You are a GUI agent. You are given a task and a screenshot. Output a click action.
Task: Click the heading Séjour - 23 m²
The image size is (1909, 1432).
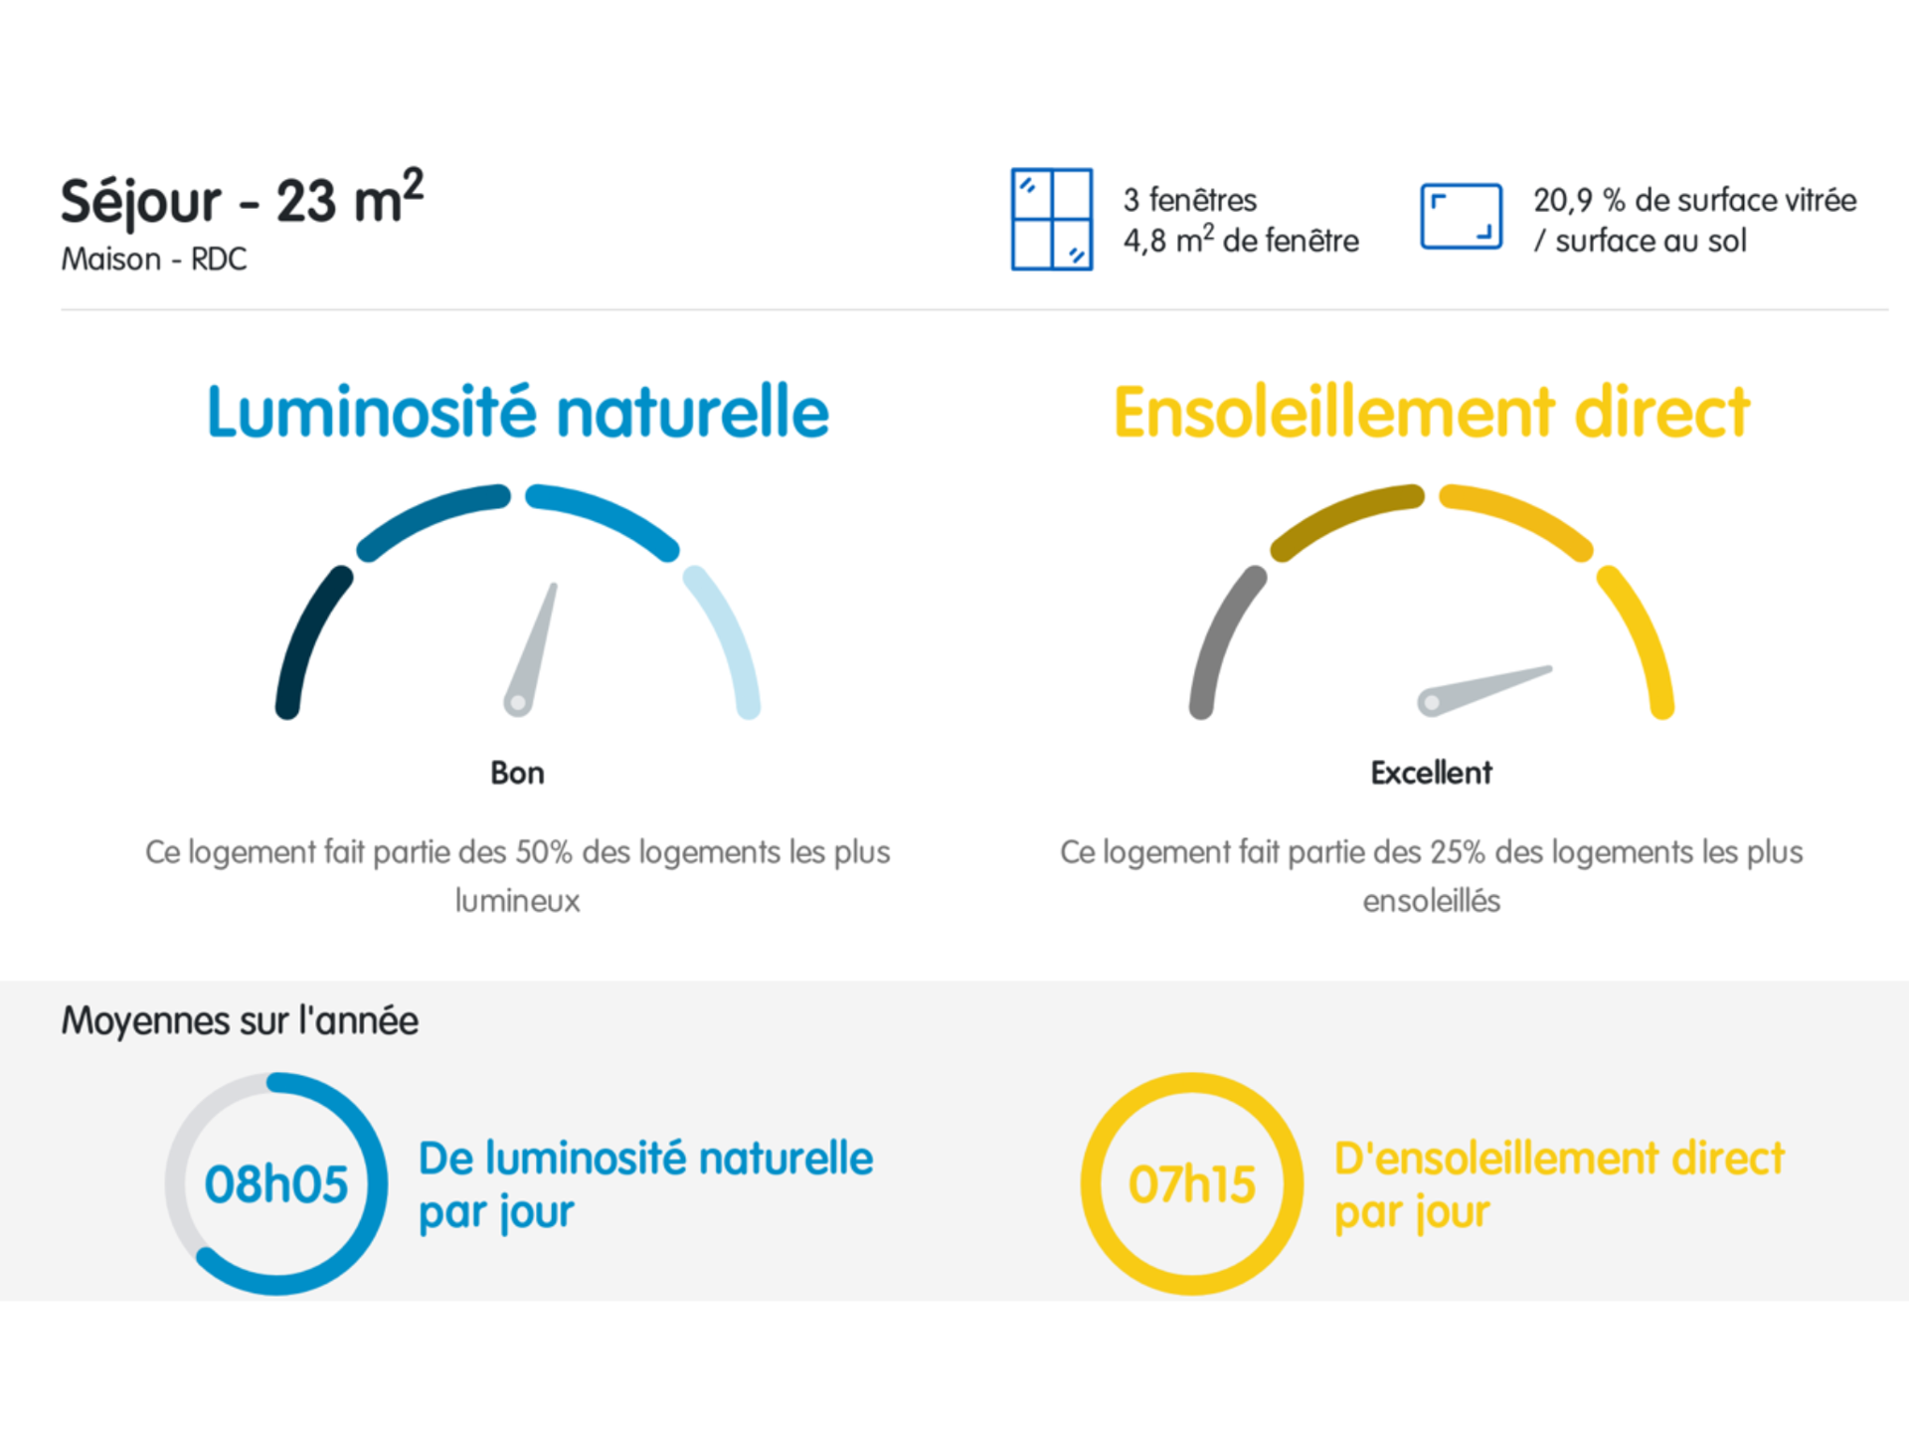tap(242, 200)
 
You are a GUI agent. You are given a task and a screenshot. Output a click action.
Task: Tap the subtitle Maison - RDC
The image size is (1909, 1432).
tap(153, 260)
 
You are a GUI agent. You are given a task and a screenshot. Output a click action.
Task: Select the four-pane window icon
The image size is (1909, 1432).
tap(1051, 220)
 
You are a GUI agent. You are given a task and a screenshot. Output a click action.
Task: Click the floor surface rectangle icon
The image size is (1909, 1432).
tap(1461, 217)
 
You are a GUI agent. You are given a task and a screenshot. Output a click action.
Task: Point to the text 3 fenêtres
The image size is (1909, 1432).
tap(1190, 200)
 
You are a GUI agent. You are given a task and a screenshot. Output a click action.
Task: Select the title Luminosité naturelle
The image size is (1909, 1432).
tap(517, 412)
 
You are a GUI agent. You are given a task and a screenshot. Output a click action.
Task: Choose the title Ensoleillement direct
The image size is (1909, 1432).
tap(1431, 412)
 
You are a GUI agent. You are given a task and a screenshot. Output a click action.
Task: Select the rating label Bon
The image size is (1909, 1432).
tap(517, 773)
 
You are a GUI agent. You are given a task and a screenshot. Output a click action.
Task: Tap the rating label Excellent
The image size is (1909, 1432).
tap(1431, 773)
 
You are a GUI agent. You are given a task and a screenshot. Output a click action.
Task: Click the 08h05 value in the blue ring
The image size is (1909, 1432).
tap(276, 1184)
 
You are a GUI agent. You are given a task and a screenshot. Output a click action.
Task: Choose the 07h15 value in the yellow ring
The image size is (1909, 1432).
tap(1191, 1184)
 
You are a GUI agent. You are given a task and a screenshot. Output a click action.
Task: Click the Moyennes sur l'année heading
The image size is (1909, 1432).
tap(240, 1021)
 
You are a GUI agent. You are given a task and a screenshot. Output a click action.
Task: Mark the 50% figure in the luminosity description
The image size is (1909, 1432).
tap(544, 852)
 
